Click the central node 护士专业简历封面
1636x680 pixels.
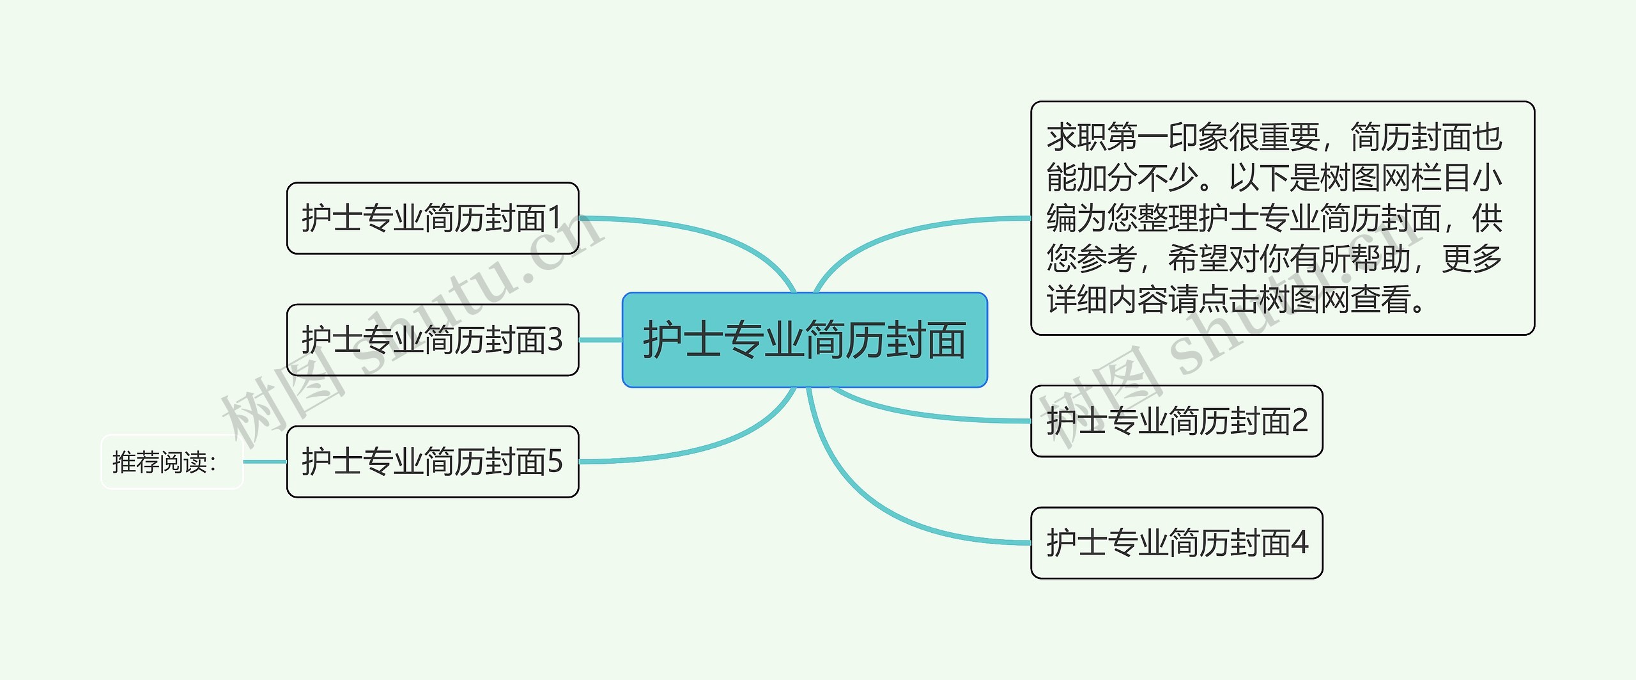805,340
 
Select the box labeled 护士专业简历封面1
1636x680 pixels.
433,218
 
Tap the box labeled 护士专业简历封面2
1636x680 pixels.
1177,421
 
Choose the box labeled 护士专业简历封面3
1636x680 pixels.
433,340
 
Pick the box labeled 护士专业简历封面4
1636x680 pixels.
1177,543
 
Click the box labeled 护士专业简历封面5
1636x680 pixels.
433,462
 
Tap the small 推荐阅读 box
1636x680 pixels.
172,462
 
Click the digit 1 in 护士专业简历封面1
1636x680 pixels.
554,218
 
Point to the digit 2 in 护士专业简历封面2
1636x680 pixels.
1300,421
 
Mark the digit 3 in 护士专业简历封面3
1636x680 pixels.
555,340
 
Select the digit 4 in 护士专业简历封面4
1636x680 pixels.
1300,543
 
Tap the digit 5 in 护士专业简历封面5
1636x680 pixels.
555,462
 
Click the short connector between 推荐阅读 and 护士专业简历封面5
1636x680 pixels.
265,462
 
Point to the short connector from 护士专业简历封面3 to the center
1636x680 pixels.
601,340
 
